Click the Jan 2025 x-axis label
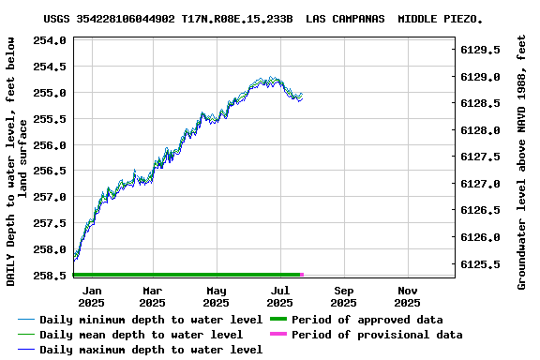point(91,296)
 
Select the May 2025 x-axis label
point(217,296)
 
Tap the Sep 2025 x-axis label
point(343,296)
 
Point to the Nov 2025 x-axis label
point(407,296)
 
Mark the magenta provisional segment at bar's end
point(302,275)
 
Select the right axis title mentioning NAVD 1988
point(522,161)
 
